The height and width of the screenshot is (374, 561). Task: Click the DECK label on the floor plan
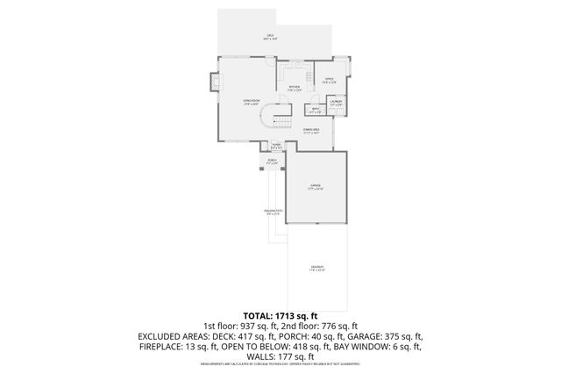[x=270, y=37]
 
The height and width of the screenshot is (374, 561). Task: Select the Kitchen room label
[x=296, y=88]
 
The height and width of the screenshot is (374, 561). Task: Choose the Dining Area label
[x=311, y=131]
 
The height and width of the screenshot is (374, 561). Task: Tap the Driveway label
[x=316, y=268]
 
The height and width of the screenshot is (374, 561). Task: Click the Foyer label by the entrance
[x=276, y=146]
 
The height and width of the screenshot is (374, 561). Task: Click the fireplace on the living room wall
[x=213, y=83]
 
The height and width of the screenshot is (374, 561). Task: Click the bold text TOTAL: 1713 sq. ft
[x=280, y=314]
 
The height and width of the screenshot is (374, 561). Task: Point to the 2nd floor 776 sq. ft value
[x=340, y=325]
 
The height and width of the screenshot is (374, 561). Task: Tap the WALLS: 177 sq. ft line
[x=280, y=356]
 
